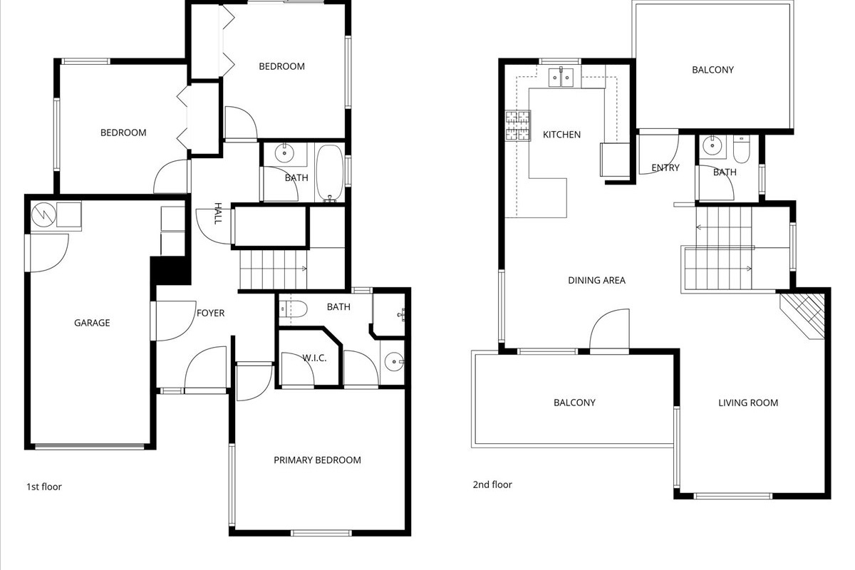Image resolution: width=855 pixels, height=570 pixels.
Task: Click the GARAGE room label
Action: pyautogui.click(x=92, y=323)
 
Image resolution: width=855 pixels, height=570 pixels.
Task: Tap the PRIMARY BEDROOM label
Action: pyautogui.click(x=317, y=460)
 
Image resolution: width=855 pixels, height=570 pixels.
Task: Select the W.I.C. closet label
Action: pyautogui.click(x=314, y=358)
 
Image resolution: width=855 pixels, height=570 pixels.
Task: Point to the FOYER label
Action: pyautogui.click(x=210, y=313)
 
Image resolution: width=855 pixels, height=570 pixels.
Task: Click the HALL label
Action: pyautogui.click(x=218, y=214)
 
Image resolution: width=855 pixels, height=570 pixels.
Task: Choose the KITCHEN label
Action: pyautogui.click(x=561, y=135)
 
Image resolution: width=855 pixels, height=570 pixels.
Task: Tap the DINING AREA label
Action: pyautogui.click(x=596, y=280)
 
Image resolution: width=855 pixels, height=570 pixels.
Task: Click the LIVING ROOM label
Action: pyautogui.click(x=748, y=403)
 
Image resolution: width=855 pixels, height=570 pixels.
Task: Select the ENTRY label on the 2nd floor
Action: pyautogui.click(x=665, y=167)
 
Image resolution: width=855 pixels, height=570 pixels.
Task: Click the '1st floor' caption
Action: pyautogui.click(x=44, y=487)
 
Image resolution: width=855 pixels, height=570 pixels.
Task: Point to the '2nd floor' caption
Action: pyautogui.click(x=492, y=484)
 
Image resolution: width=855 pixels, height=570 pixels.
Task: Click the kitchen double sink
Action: pyautogui.click(x=561, y=77)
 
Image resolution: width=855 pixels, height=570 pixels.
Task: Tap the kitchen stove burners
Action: pyautogui.click(x=517, y=125)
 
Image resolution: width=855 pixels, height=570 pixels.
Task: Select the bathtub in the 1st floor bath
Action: pyautogui.click(x=330, y=173)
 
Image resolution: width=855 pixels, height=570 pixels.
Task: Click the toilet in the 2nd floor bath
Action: pyautogui.click(x=741, y=150)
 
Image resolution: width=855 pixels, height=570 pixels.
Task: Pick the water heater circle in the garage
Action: pyautogui.click(x=43, y=215)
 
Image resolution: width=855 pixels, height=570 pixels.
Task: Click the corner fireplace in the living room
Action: pyautogui.click(x=803, y=316)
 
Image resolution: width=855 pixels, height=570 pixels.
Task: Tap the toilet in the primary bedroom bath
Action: pyautogui.click(x=293, y=309)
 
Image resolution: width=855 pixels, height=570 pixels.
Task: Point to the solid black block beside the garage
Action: pyautogui.click(x=170, y=270)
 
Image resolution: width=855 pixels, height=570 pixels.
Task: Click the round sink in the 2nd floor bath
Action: pyautogui.click(x=712, y=145)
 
